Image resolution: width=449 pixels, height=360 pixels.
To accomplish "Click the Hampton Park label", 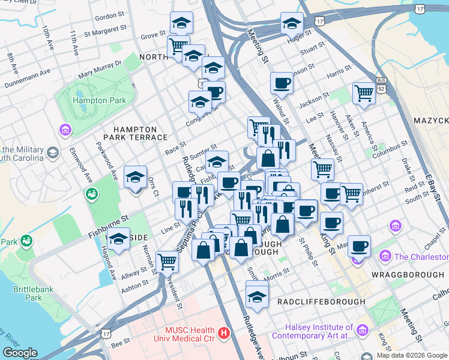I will click(x=100, y=100).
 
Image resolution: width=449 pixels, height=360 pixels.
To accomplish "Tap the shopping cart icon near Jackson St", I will click(x=364, y=93).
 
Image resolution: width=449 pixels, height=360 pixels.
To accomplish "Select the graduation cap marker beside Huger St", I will click(x=292, y=23).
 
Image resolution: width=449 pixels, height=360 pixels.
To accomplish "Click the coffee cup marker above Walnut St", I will click(x=281, y=83).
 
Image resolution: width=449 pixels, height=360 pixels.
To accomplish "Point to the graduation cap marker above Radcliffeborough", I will click(x=258, y=296).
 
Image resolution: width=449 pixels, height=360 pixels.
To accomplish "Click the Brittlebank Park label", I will click(x=28, y=293).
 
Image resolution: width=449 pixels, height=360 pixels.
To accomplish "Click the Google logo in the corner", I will click(x=20, y=353).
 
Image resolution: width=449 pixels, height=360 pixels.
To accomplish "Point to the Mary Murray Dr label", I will click(x=100, y=69).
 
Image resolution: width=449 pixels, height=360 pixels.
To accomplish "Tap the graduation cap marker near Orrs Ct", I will click(x=135, y=178).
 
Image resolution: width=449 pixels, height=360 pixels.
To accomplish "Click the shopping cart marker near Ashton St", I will click(x=167, y=261).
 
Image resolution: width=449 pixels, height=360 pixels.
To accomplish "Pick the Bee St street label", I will click(x=121, y=343).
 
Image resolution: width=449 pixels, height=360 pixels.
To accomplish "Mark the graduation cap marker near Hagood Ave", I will click(x=119, y=239).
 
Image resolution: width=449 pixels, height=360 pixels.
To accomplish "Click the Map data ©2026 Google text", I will click(x=412, y=355).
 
